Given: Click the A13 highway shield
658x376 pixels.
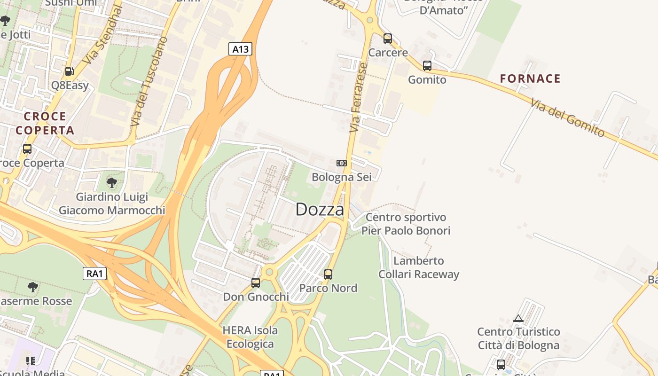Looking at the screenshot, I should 240,49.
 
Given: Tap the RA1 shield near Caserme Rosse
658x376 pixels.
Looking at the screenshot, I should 94,274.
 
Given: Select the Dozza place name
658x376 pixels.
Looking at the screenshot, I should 320,210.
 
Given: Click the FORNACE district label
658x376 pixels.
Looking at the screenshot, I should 530,78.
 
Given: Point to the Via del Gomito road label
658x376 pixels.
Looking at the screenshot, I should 567,117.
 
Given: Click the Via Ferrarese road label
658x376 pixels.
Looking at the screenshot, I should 358,97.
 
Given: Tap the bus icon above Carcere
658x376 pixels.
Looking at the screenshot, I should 388,39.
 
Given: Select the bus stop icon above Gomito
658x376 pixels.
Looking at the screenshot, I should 427,66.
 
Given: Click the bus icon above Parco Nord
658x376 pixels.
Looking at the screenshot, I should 328,274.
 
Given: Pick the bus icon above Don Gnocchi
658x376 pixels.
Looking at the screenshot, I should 256,283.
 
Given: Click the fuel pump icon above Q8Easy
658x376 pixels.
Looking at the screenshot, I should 70,71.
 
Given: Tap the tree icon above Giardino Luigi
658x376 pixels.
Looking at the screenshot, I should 111,182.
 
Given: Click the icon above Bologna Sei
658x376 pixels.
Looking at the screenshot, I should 342,163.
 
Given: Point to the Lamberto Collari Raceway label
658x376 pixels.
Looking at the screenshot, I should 419,267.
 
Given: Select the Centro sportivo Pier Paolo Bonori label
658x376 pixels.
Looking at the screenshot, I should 406,224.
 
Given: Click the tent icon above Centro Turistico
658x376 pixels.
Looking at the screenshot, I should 518,318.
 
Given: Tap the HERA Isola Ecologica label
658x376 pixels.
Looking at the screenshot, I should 250,337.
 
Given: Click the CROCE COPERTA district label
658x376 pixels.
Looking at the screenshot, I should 45,123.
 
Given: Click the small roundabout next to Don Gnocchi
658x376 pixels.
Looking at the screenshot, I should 269,272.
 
